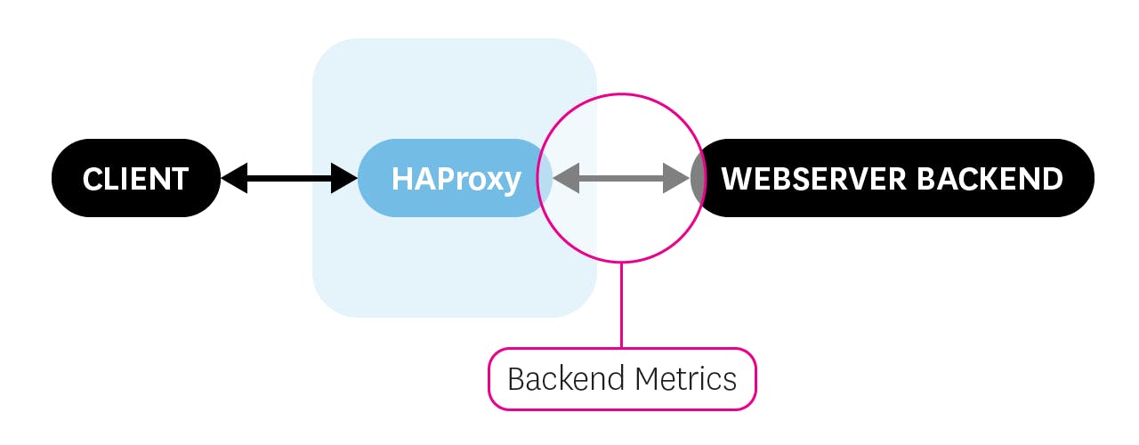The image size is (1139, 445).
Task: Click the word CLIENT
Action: tap(135, 179)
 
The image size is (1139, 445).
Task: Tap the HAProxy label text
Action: tap(456, 179)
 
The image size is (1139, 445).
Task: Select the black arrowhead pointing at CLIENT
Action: tap(233, 178)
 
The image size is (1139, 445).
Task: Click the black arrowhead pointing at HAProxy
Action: tap(343, 178)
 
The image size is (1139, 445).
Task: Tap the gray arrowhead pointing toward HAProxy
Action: tap(564, 178)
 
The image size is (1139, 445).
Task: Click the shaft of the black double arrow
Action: tap(288, 178)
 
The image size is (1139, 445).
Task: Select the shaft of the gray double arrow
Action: tap(621, 178)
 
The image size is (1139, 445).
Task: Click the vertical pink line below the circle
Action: tap(621, 304)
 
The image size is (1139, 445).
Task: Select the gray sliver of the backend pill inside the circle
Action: tap(698, 178)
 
